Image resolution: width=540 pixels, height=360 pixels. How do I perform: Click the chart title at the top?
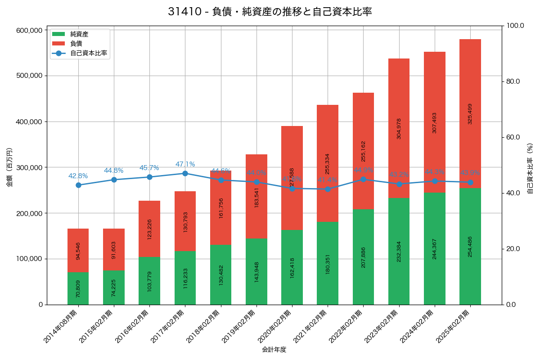click(270, 12)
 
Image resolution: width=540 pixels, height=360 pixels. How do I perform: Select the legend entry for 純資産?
click(79, 34)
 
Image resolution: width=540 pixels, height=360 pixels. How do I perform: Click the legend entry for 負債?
click(76, 44)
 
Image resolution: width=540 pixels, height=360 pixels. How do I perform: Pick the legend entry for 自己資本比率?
click(88, 53)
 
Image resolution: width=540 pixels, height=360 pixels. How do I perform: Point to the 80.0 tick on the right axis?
click(513, 81)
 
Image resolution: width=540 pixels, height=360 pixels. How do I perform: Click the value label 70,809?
click(78, 288)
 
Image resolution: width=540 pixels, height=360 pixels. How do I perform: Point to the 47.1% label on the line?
click(185, 164)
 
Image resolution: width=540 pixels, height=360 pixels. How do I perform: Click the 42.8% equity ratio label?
click(78, 176)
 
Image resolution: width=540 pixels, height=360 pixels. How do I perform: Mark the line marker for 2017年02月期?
click(185, 173)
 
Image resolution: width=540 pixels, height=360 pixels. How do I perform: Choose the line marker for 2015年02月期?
click(114, 180)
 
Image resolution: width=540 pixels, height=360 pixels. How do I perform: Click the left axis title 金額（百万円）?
click(9, 167)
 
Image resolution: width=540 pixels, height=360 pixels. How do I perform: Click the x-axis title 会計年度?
click(274, 349)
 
